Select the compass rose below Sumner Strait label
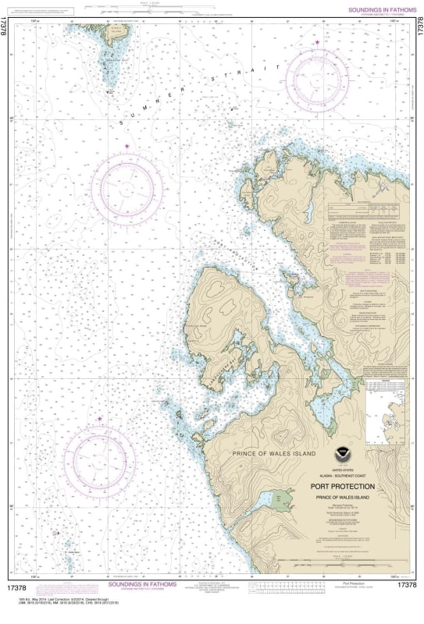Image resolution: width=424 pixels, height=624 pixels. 128,187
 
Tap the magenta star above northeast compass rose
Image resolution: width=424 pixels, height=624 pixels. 317,42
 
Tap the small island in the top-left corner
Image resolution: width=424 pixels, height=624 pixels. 113,55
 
